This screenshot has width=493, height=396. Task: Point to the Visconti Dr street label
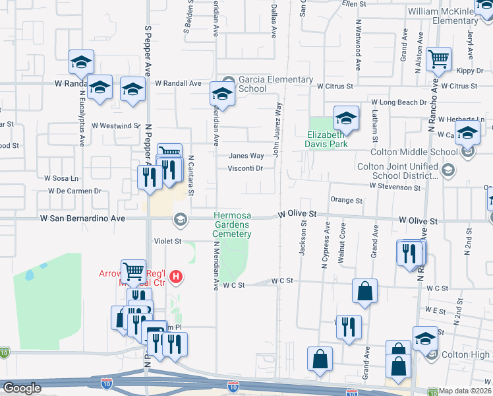[246, 168]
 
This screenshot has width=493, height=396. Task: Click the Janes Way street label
[246, 156]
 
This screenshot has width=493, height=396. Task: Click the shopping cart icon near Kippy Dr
[438, 59]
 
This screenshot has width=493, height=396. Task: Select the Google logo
[22, 388]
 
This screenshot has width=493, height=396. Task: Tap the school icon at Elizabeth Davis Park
[346, 119]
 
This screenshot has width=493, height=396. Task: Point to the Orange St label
[347, 200]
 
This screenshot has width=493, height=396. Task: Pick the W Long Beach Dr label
[399, 102]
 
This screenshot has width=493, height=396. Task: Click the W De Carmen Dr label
[73, 191]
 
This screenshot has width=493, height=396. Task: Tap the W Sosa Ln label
[61, 178]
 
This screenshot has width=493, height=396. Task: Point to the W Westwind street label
[116, 125]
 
